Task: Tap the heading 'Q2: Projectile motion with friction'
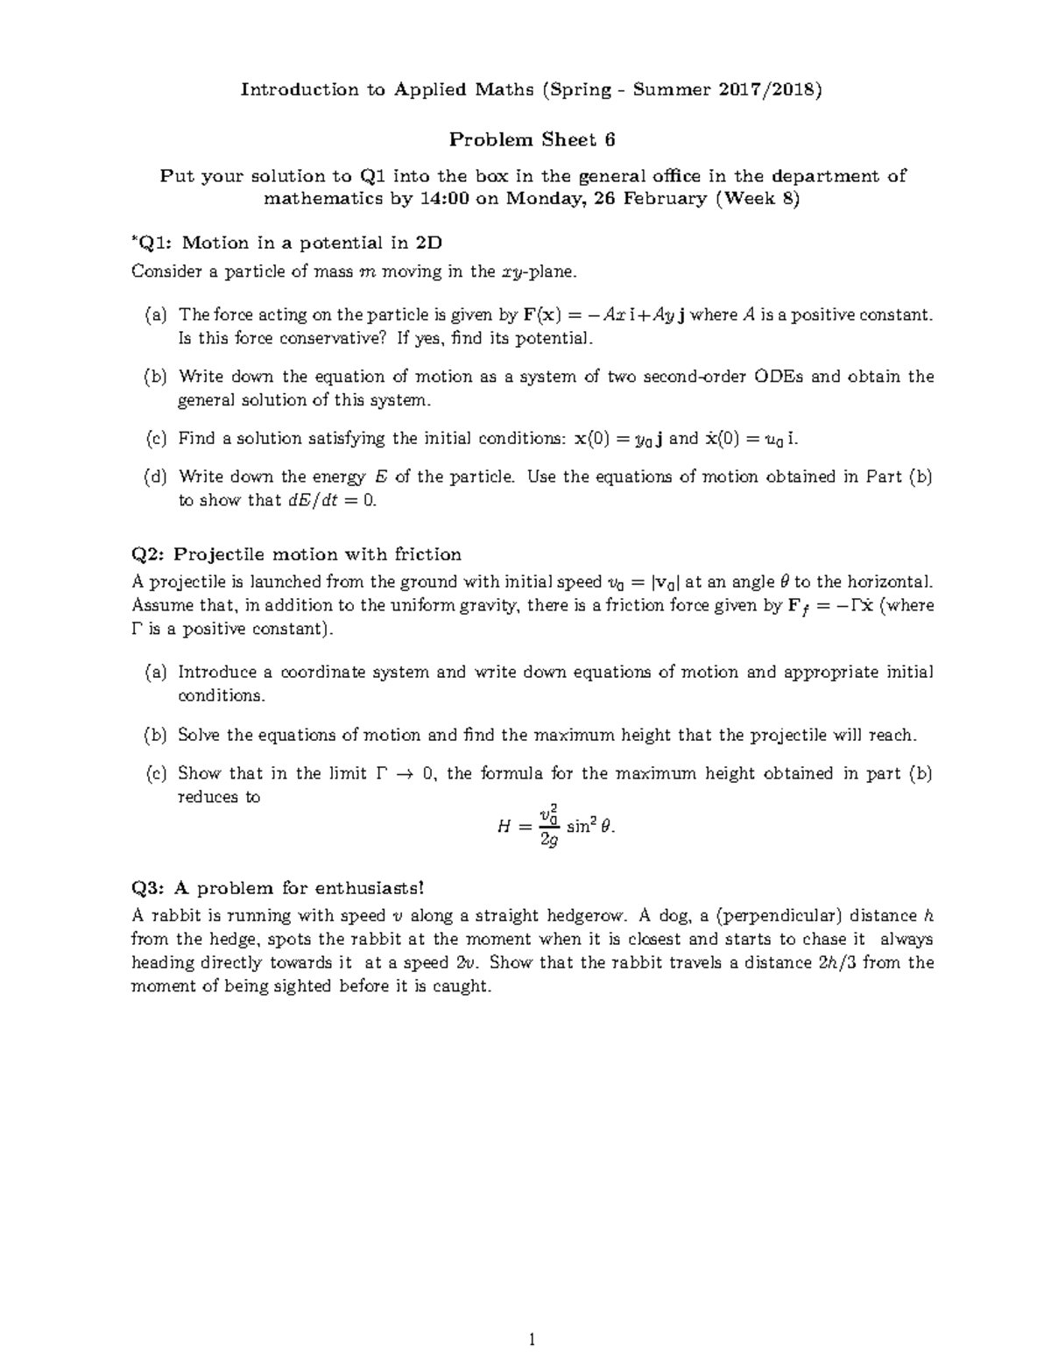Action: tap(296, 554)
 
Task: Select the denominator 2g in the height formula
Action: tap(549, 840)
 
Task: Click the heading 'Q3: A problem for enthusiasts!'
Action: tap(277, 888)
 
